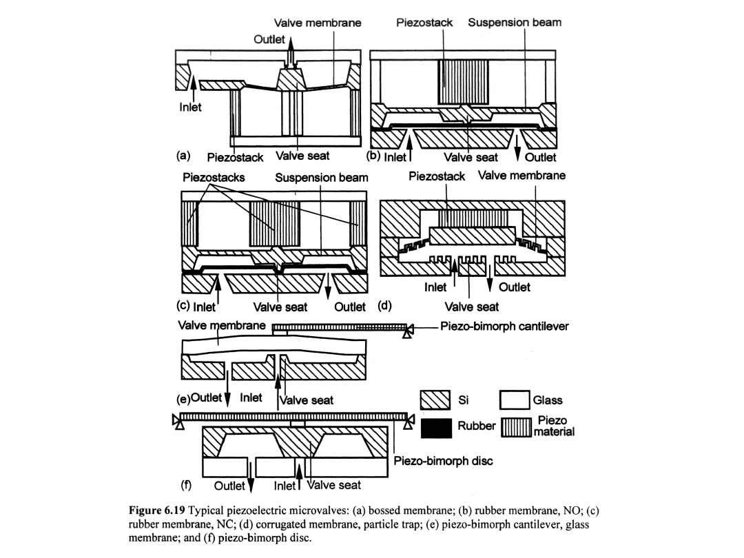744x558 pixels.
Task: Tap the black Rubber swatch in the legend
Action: [436, 426]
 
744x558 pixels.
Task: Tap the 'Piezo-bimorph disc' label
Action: [443, 461]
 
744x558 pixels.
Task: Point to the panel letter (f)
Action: [185, 484]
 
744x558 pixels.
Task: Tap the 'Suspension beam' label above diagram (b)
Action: [515, 22]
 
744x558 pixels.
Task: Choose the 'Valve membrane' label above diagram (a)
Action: [318, 22]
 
